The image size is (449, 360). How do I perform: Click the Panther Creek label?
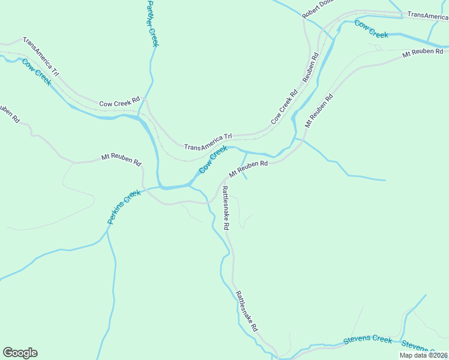[x=152, y=23]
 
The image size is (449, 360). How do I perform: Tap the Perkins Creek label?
[x=124, y=207]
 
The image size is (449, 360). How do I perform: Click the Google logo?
[x=20, y=353]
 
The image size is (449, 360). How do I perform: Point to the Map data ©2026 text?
[x=423, y=355]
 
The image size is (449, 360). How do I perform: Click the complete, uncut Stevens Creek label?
[x=367, y=340]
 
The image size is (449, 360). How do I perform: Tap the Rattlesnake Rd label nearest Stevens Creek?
[x=247, y=311]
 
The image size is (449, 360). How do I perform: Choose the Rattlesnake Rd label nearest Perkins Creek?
[x=226, y=208]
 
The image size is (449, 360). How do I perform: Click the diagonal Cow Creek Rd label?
[x=285, y=107]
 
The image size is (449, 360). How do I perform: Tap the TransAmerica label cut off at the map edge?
[x=427, y=16]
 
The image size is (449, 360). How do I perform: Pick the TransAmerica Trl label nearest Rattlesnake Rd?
[x=208, y=142]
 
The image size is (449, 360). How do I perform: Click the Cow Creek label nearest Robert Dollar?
[x=371, y=29]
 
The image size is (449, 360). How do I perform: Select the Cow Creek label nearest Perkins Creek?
[x=213, y=160]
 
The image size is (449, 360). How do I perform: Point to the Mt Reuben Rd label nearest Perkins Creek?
[x=121, y=159]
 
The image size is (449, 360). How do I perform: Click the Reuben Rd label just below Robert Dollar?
[x=310, y=67]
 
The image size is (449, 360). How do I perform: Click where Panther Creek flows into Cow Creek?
[x=141, y=116]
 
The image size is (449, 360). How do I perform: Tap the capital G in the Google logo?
[x=8, y=353]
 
